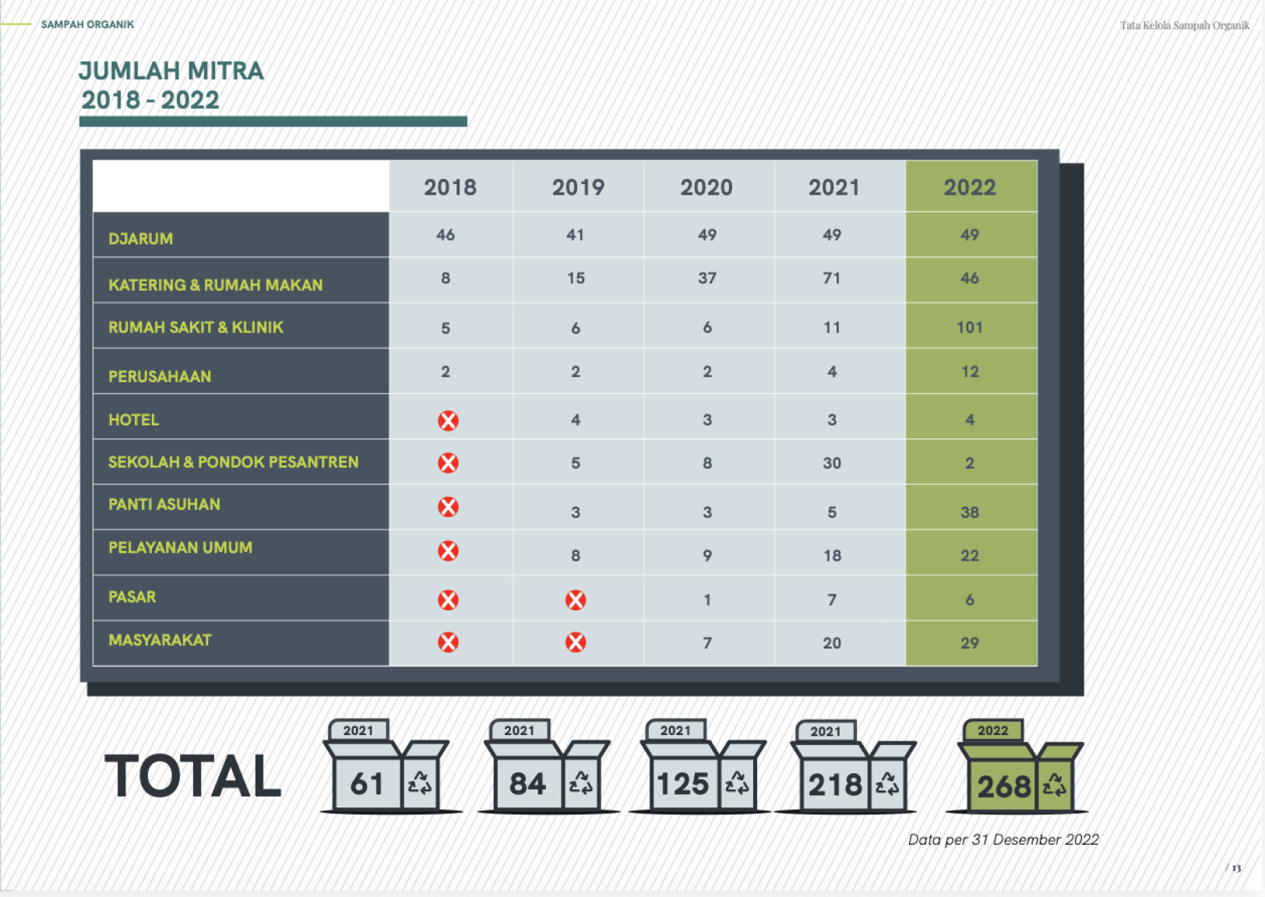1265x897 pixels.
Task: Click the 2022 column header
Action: pos(970,188)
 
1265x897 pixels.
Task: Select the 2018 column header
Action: pos(450,188)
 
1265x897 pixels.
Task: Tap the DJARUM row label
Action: pos(141,239)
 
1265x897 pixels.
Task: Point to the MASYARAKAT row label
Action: pos(160,640)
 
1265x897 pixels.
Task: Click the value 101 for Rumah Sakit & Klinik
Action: pos(970,327)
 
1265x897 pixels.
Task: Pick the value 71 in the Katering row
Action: pos(832,278)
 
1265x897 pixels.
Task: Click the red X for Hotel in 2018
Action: pos(449,420)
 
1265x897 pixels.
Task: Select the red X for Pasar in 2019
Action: pos(576,600)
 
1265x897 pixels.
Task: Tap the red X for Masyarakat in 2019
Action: pos(576,642)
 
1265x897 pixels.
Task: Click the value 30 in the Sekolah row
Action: pos(832,463)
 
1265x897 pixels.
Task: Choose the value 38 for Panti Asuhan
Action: pos(970,512)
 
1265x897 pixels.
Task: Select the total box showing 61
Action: pos(389,767)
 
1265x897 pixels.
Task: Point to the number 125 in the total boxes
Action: pos(682,784)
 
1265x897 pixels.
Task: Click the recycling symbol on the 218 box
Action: pos(886,784)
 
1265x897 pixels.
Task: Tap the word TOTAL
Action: pos(193,776)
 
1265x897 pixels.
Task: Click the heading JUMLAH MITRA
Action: pos(171,71)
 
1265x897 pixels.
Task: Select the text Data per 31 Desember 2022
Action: pos(1003,840)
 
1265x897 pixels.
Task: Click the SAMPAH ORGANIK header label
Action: pos(87,24)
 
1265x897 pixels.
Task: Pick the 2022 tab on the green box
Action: pos(993,730)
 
